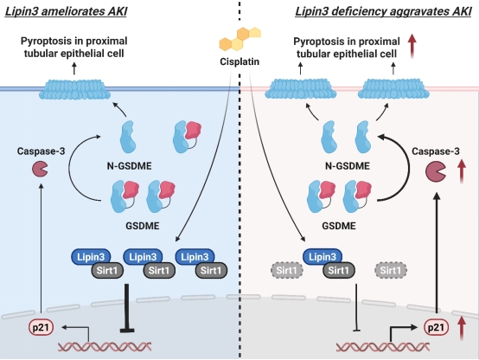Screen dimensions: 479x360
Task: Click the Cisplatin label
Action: pos(239,61)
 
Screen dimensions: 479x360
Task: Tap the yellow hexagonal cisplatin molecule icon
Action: pos(240,39)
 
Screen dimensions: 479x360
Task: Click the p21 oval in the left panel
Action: pos(41,327)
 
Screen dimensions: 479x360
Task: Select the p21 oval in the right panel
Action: pos(436,327)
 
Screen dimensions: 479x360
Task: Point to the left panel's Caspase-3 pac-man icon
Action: pos(40,169)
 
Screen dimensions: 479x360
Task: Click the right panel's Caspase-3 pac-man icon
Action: pos(436,172)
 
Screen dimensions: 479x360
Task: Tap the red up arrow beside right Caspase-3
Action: pos(462,172)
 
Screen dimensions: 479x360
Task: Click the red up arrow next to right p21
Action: pos(462,328)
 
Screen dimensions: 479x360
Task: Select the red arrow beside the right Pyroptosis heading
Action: pos(412,46)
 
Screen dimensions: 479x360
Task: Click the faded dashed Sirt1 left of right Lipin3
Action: pos(286,270)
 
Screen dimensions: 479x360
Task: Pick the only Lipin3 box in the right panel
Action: pos(323,256)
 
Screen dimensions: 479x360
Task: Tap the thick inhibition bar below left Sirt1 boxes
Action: pos(127,308)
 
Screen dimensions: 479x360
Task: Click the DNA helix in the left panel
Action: pos(105,346)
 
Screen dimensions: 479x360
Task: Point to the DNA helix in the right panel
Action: pos(383,347)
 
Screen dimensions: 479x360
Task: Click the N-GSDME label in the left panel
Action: pos(129,166)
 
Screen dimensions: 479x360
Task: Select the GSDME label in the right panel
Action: pos(339,226)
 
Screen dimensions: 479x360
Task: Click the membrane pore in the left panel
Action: pos(75,89)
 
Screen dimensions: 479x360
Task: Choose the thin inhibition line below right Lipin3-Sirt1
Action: pos(356,307)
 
